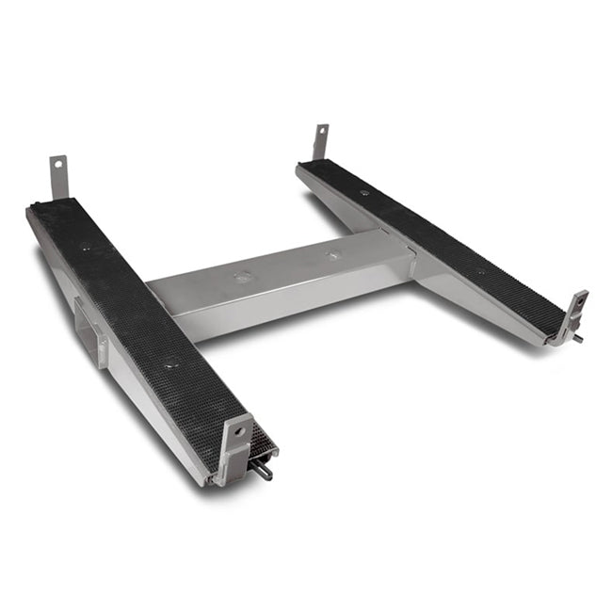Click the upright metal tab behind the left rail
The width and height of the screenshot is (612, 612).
click(59, 177)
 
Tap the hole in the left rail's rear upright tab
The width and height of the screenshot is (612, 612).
click(58, 166)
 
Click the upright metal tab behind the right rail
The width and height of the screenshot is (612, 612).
click(321, 143)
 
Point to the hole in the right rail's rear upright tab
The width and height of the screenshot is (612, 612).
click(322, 132)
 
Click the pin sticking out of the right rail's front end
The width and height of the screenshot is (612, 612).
click(577, 338)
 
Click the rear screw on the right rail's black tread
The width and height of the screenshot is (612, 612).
click(363, 193)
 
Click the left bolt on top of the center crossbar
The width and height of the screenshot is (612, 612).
click(242, 278)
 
